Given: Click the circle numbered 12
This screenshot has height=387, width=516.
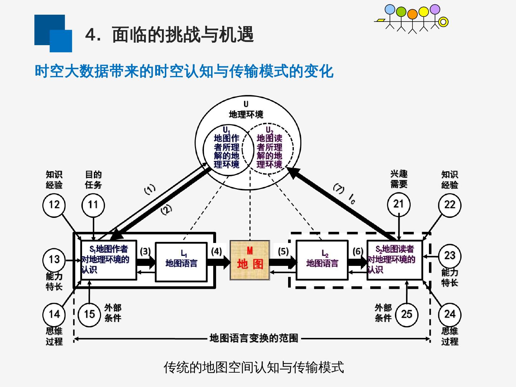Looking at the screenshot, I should pyautogui.click(x=54, y=205).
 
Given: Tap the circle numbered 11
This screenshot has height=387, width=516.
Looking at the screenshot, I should pyautogui.click(x=93, y=205).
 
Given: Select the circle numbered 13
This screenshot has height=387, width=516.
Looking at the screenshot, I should pyautogui.click(x=54, y=259).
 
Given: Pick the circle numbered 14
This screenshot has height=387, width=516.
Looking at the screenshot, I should pyautogui.click(x=54, y=314).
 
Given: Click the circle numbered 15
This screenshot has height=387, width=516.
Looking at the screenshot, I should pyautogui.click(x=89, y=314).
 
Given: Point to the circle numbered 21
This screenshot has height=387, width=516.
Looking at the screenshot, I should pyautogui.click(x=399, y=204).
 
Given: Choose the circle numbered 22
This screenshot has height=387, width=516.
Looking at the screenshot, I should pyautogui.click(x=450, y=205).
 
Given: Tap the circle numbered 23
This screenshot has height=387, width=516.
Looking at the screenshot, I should pyautogui.click(x=450, y=256).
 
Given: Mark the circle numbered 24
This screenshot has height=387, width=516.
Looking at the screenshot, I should pyautogui.click(x=450, y=314).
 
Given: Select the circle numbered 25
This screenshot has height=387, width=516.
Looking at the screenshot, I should pyautogui.click(x=407, y=314).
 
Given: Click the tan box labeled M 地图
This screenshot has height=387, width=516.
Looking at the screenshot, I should pyautogui.click(x=250, y=260).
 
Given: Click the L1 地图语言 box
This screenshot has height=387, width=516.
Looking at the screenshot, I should pyautogui.click(x=181, y=262).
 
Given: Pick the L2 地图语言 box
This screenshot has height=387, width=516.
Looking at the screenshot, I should pyautogui.click(x=322, y=260).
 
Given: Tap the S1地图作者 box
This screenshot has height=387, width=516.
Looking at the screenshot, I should pyautogui.click(x=109, y=260).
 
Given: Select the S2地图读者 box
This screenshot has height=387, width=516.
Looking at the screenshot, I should pyautogui.click(x=395, y=260).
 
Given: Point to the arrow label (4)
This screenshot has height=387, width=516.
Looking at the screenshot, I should pyautogui.click(x=216, y=251).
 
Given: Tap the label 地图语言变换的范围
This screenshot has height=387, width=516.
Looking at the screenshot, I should pyautogui.click(x=254, y=338).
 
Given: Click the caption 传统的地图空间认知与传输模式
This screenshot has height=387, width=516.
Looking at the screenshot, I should pyautogui.click(x=254, y=367).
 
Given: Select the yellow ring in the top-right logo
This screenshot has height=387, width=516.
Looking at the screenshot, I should pyautogui.click(x=444, y=22).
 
